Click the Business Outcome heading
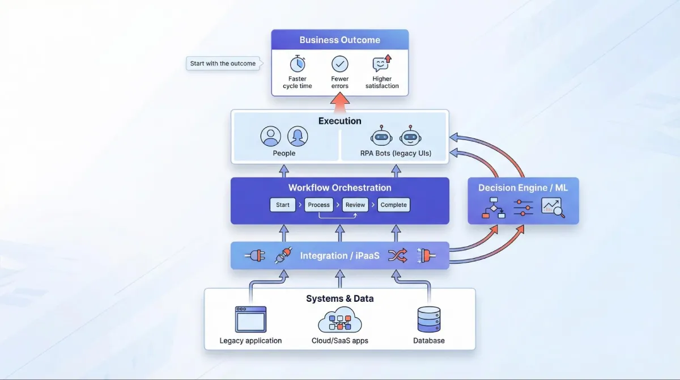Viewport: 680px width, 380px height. pyautogui.click(x=339, y=40)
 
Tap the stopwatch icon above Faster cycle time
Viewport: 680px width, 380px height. pyautogui.click(x=297, y=64)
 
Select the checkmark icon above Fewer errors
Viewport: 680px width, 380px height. pyautogui.click(x=340, y=64)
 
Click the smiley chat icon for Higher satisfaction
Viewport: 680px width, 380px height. pyautogui.click(x=381, y=64)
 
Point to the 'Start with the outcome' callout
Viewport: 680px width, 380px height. pyautogui.click(x=223, y=64)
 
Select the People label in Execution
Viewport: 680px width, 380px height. pyautogui.click(x=284, y=153)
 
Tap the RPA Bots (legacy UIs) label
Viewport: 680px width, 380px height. pyautogui.click(x=396, y=153)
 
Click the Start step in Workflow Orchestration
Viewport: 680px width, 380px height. pyautogui.click(x=283, y=205)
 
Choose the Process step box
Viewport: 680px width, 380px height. pyautogui.click(x=318, y=205)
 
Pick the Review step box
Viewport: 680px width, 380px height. pyautogui.click(x=355, y=205)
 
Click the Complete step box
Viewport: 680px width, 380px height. pyautogui.click(x=393, y=205)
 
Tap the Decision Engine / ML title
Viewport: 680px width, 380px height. pyautogui.click(x=523, y=188)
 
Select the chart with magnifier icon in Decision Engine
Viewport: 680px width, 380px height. pyautogui.click(x=552, y=208)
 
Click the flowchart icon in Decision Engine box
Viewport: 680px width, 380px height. pyautogui.click(x=494, y=208)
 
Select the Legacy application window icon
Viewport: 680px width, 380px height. pyautogui.click(x=250, y=319)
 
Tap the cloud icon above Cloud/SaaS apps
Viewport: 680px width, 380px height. pyautogui.click(x=339, y=320)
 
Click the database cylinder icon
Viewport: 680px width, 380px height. pyautogui.click(x=428, y=319)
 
